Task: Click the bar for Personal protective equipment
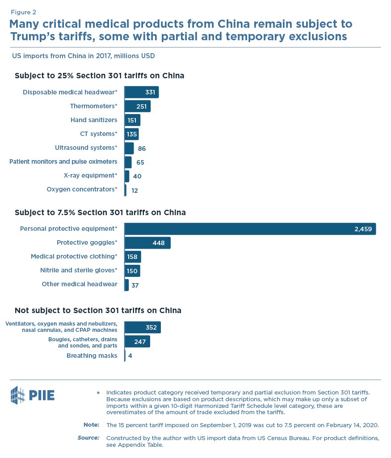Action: click(x=250, y=229)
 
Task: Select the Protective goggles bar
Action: click(x=147, y=243)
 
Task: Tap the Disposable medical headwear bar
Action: click(x=141, y=92)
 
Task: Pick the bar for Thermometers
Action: click(x=137, y=106)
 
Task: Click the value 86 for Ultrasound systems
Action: click(x=142, y=148)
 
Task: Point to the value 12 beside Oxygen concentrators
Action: click(x=134, y=190)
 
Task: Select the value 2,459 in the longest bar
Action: click(x=363, y=229)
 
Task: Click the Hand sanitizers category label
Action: click(x=94, y=120)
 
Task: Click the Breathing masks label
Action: click(x=92, y=356)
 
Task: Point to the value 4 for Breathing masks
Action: click(x=130, y=356)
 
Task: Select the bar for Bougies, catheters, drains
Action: click(x=137, y=342)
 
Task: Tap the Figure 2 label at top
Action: click(x=24, y=12)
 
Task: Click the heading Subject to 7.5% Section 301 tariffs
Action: click(x=100, y=212)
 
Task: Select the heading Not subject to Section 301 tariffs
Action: click(x=98, y=310)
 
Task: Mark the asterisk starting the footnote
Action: click(x=98, y=393)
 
